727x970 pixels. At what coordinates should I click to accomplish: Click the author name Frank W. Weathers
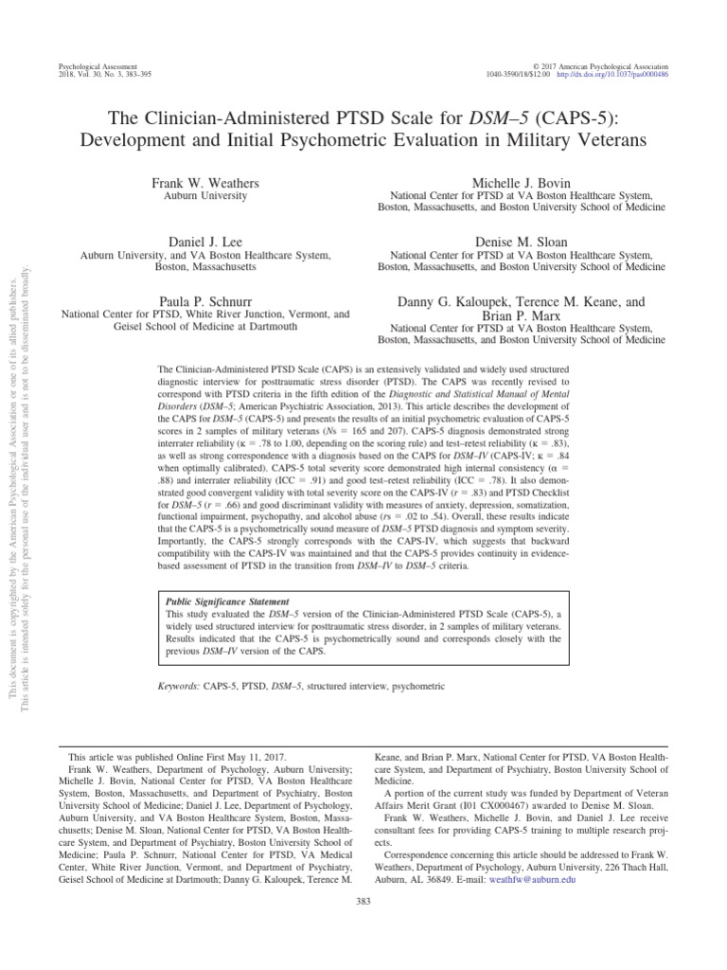(205, 181)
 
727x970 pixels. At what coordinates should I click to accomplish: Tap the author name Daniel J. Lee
(205, 242)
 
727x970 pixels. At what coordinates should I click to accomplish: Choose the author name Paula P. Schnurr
(205, 300)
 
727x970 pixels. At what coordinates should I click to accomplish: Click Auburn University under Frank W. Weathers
(205, 196)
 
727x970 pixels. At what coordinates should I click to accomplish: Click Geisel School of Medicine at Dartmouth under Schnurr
(205, 326)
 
